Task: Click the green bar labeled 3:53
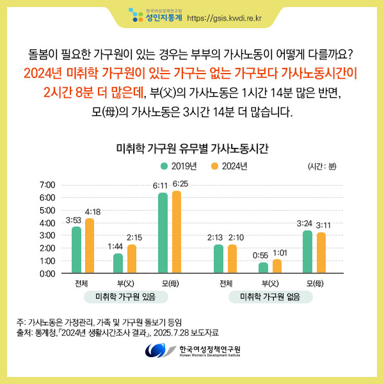(x=76, y=250)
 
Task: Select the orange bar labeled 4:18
(x=90, y=246)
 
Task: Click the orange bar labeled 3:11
(x=321, y=253)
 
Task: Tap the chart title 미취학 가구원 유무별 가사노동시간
(x=192, y=149)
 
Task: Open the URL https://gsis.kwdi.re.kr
(x=227, y=17)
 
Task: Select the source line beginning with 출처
(x=118, y=332)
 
